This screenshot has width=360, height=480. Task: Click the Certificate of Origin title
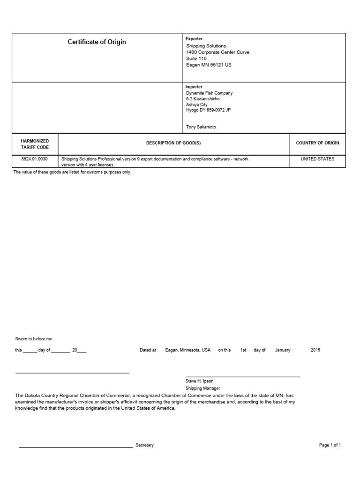click(97, 42)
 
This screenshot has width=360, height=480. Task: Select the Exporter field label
click(194, 39)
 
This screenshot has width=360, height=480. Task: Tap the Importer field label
click(194, 87)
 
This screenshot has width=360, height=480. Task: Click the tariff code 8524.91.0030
click(35, 159)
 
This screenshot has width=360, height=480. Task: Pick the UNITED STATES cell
click(317, 159)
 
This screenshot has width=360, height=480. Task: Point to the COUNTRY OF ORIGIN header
click(317, 143)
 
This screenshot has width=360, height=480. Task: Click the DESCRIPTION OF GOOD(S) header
click(173, 143)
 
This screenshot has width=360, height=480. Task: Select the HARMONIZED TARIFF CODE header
click(35, 144)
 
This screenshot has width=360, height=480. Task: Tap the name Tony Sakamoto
click(201, 127)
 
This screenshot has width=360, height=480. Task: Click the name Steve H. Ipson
click(199, 381)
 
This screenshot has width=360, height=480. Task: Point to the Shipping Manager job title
click(202, 388)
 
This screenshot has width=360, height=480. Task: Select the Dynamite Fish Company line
click(209, 93)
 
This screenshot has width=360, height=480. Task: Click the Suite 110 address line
click(196, 59)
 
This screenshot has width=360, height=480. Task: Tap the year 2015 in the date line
click(315, 350)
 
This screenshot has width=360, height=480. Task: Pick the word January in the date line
click(283, 350)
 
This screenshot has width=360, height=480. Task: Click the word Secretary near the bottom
click(144, 445)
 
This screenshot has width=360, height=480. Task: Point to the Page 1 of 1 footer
click(330, 445)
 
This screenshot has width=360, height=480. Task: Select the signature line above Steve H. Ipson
click(243, 376)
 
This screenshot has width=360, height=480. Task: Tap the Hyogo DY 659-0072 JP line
click(208, 110)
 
